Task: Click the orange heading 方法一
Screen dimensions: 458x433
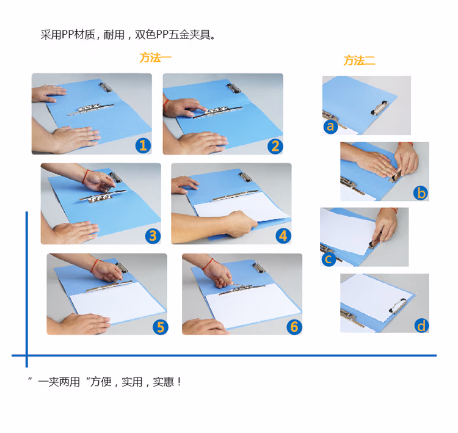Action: pos(155,57)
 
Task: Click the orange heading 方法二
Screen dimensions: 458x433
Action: pos(359,60)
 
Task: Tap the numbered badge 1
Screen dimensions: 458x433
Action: pos(143,145)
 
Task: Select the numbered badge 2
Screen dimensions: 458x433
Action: pos(275,146)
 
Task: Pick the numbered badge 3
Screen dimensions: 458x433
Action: pos(153,236)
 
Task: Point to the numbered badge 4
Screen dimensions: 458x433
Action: pos(283,236)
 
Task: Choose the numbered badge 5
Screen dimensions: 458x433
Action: pos(161,327)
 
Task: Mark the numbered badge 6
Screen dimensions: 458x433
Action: pos(294,327)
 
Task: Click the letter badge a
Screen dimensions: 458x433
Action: pos(330,126)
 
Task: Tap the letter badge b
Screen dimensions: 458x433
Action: pos(421,193)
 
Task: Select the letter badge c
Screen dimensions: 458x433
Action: pos(328,258)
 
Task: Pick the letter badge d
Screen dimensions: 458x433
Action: pos(421,325)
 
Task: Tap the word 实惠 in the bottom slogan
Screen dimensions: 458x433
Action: pos(163,382)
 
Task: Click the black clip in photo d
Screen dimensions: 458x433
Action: pos(398,305)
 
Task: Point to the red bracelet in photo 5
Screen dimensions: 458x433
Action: pos(94,266)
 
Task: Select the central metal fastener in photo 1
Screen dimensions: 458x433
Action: pos(90,109)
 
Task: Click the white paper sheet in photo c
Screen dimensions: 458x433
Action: pos(347,231)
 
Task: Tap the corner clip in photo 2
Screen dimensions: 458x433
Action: pos(234,88)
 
